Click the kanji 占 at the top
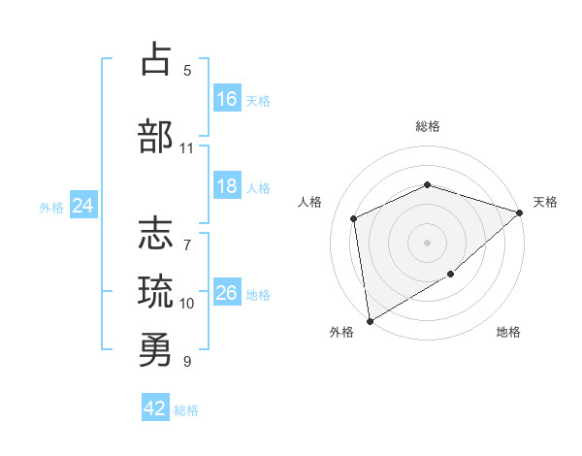pyautogui.click(x=156, y=58)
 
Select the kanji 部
pyautogui.click(x=155, y=136)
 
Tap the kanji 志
pyautogui.click(x=155, y=233)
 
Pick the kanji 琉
pyautogui.click(x=155, y=291)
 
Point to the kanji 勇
pyautogui.click(x=155, y=349)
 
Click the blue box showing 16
pyautogui.click(x=227, y=98)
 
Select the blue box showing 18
pyautogui.click(x=227, y=185)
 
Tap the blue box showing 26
pyautogui.click(x=227, y=291)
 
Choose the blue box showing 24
pyautogui.click(x=83, y=205)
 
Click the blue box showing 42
pyautogui.click(x=155, y=407)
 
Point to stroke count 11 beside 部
pyautogui.click(x=186, y=148)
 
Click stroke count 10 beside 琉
pyautogui.click(x=186, y=304)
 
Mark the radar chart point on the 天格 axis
pyautogui.click(x=519, y=212)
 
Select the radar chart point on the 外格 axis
pyautogui.click(x=370, y=321)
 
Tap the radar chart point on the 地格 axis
pyautogui.click(x=450, y=274)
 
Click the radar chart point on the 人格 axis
pyautogui.click(x=353, y=218)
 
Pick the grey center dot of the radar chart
pyautogui.click(x=427, y=243)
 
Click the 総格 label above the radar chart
pyautogui.click(x=428, y=126)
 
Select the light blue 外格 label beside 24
pyautogui.click(x=51, y=208)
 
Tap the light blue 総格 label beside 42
pyautogui.click(x=186, y=410)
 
